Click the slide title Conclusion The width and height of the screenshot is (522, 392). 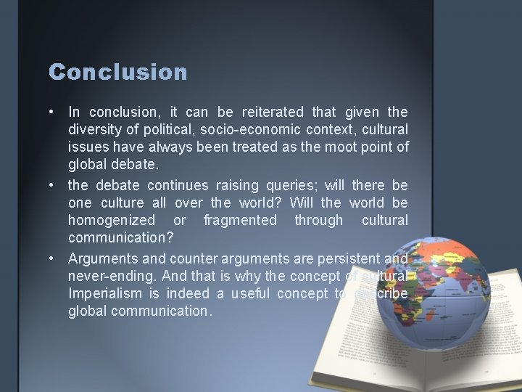(x=118, y=72)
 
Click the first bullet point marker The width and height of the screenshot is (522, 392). (x=53, y=113)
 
